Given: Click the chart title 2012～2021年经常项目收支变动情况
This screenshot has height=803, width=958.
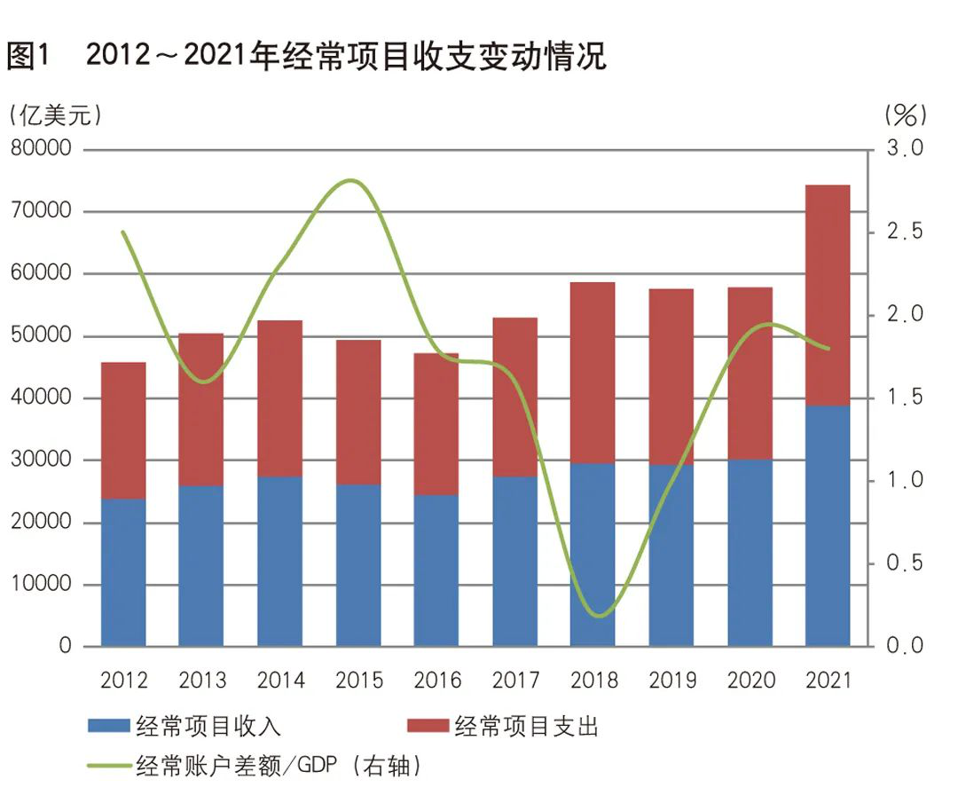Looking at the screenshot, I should click(x=346, y=57).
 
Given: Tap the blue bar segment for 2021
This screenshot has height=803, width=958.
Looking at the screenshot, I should click(x=828, y=525).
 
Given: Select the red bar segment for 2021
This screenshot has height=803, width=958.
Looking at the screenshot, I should click(x=828, y=295).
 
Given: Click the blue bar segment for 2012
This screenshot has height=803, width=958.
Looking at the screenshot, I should click(x=123, y=572).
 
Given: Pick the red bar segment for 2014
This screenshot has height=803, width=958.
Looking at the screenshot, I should click(x=280, y=398).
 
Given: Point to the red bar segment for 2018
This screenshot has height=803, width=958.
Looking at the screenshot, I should click(x=593, y=373).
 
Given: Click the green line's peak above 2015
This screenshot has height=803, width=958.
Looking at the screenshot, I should click(x=353, y=180).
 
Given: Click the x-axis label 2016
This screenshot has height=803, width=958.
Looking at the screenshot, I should click(x=437, y=681).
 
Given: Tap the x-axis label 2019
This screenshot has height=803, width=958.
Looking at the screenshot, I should click(x=671, y=681).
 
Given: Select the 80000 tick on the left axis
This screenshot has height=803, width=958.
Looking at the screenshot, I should click(x=40, y=149).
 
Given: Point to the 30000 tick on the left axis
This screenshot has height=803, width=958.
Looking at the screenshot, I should click(x=40, y=461).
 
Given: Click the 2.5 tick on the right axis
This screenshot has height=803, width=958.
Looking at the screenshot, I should click(x=905, y=232).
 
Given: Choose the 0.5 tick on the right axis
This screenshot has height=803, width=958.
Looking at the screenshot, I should click(x=905, y=563).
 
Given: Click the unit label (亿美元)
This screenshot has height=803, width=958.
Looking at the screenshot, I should click(x=54, y=114).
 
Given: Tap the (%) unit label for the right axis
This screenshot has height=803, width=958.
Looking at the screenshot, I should click(x=906, y=114).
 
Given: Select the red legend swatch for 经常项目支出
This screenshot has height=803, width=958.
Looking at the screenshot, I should click(x=427, y=727).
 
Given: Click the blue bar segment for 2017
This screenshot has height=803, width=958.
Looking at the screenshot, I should click(x=515, y=561).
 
